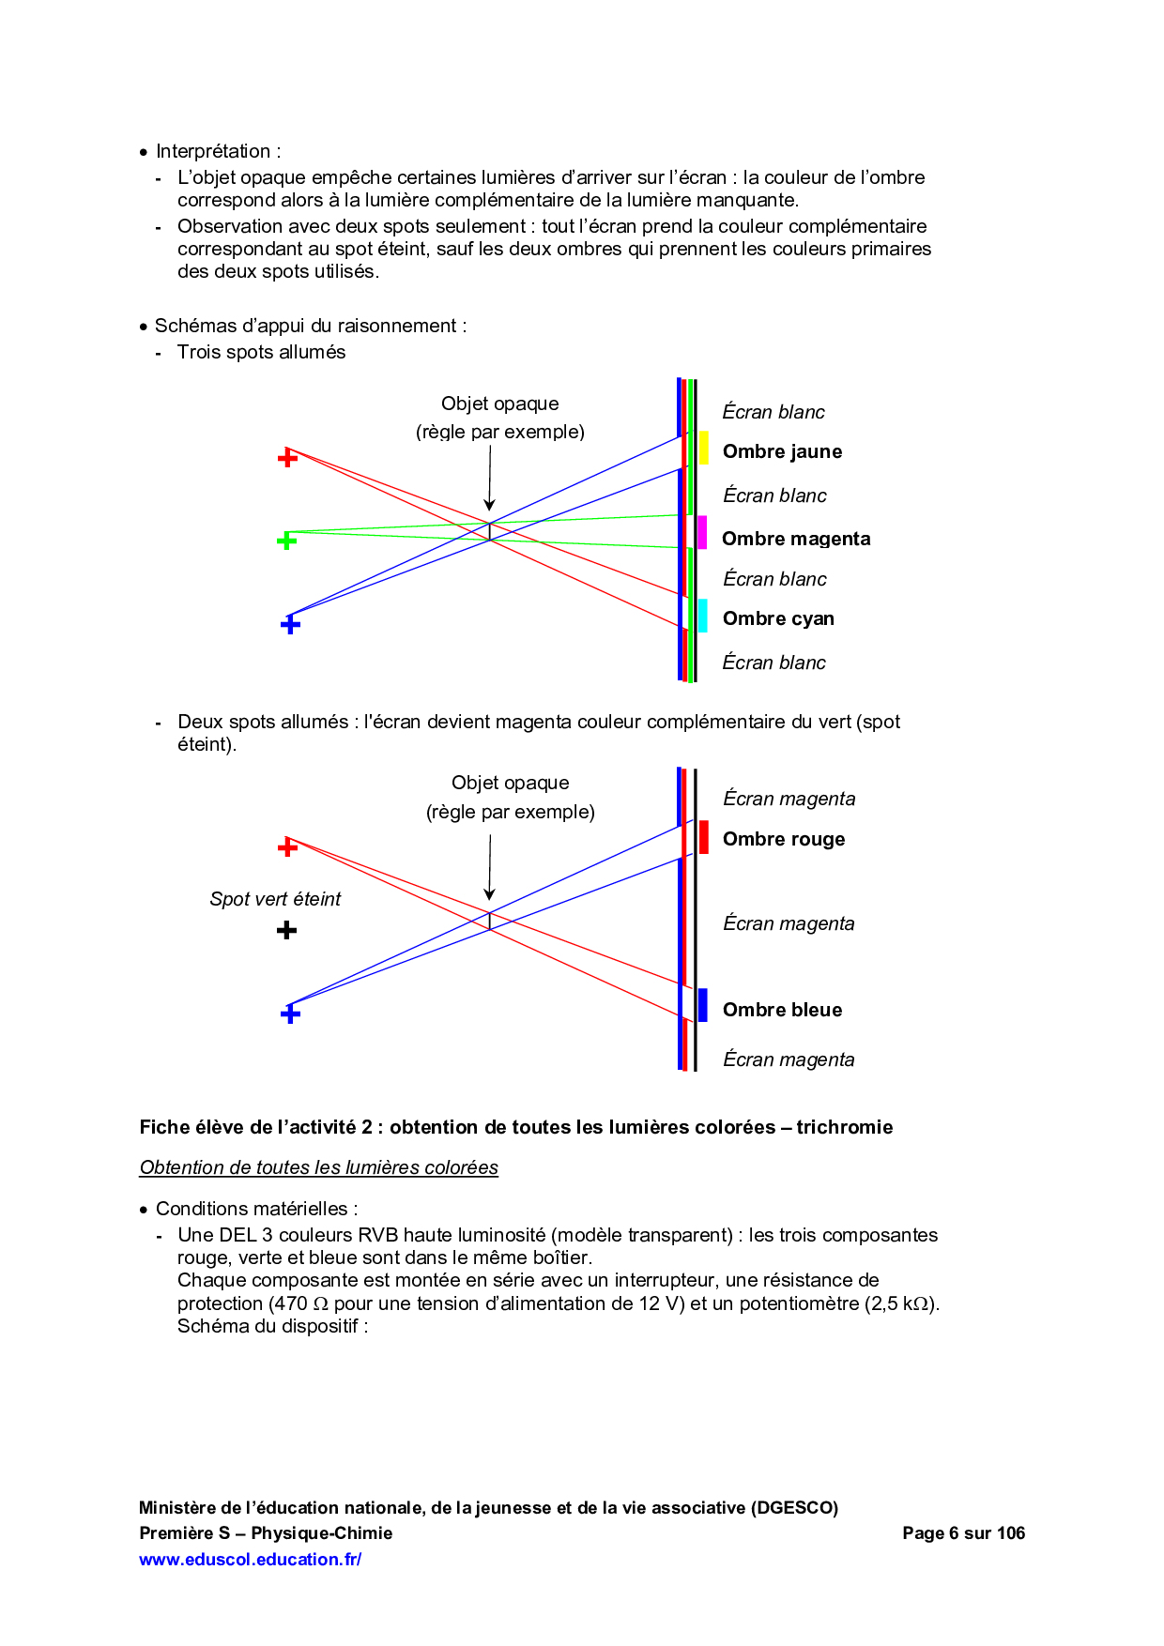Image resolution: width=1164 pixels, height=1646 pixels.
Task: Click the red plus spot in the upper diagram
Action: pos(287,458)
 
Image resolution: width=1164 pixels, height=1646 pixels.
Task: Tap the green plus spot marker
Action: pos(287,541)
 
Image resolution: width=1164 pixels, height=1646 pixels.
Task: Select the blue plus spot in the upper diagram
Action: pos(290,624)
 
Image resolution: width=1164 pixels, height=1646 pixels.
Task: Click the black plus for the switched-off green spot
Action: pos(287,930)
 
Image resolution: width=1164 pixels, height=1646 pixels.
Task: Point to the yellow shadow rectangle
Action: pos(704,448)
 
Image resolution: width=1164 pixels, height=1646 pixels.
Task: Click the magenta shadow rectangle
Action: pos(702,532)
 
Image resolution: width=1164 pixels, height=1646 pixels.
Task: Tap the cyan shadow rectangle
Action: pos(702,616)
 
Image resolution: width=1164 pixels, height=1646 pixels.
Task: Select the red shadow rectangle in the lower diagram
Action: pos(704,837)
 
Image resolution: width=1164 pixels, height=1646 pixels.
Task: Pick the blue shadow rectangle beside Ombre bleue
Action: pos(702,1005)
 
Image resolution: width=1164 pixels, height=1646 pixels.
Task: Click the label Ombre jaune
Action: pos(782,451)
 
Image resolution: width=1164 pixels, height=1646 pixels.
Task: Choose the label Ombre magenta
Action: pos(796,539)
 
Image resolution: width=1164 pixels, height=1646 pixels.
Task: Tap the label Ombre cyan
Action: pos(778,618)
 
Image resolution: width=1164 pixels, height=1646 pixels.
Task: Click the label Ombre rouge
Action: pos(784,839)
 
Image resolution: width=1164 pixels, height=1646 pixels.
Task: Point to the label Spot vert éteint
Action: pos(275,899)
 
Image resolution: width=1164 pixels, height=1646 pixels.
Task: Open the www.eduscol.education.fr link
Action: pos(250,1560)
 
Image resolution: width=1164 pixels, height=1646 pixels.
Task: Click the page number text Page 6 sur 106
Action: pos(963,1533)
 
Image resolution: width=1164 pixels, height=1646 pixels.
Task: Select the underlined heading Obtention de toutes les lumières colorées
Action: pos(318,1167)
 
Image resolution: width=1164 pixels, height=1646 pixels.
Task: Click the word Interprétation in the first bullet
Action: pos(213,151)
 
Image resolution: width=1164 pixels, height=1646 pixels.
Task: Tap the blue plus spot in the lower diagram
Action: pos(290,1014)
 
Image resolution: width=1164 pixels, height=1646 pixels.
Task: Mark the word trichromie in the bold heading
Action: pos(844,1127)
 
